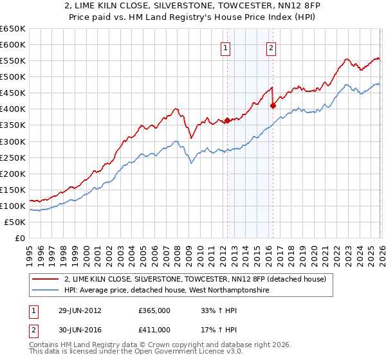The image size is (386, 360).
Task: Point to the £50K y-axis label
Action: (15, 222)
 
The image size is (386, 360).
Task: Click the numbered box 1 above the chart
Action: (226, 48)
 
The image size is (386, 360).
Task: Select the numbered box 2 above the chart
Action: (271, 48)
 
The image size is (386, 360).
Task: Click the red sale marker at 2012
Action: (227, 120)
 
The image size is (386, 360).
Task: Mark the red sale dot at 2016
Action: (273, 105)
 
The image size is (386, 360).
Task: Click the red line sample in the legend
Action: (46, 279)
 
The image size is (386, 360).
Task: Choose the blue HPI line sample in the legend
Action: (46, 290)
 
